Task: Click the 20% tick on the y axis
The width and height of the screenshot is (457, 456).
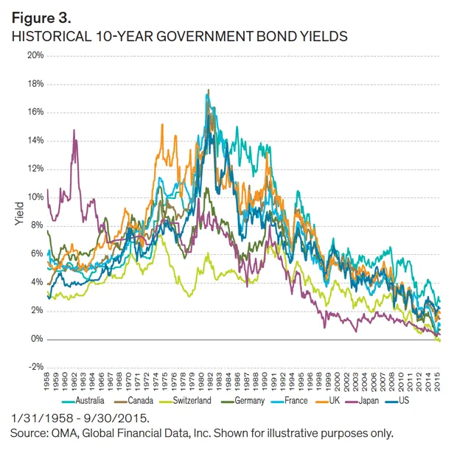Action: click(x=35, y=55)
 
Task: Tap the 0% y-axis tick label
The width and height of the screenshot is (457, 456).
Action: click(x=38, y=339)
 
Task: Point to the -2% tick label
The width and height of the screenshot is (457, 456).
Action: click(x=36, y=367)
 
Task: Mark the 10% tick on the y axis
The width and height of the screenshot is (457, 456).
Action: click(x=35, y=197)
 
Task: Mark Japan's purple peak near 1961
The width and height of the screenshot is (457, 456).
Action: click(x=74, y=130)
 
